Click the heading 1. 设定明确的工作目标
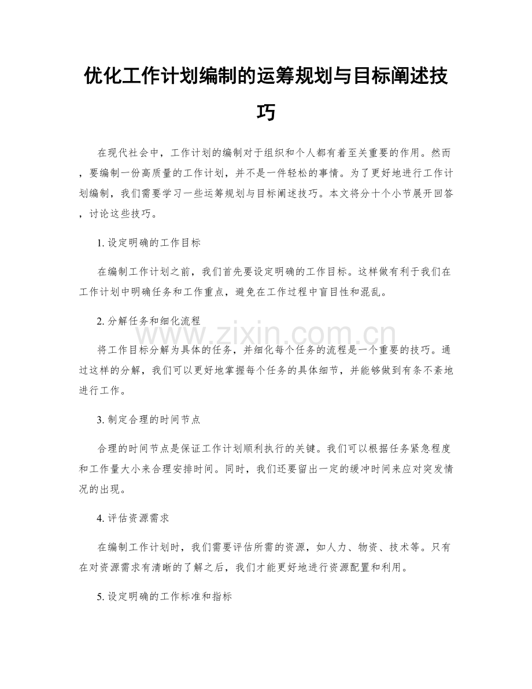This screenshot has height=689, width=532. (149, 244)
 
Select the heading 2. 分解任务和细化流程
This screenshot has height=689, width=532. (149, 321)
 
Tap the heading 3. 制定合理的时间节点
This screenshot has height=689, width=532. (149, 420)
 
